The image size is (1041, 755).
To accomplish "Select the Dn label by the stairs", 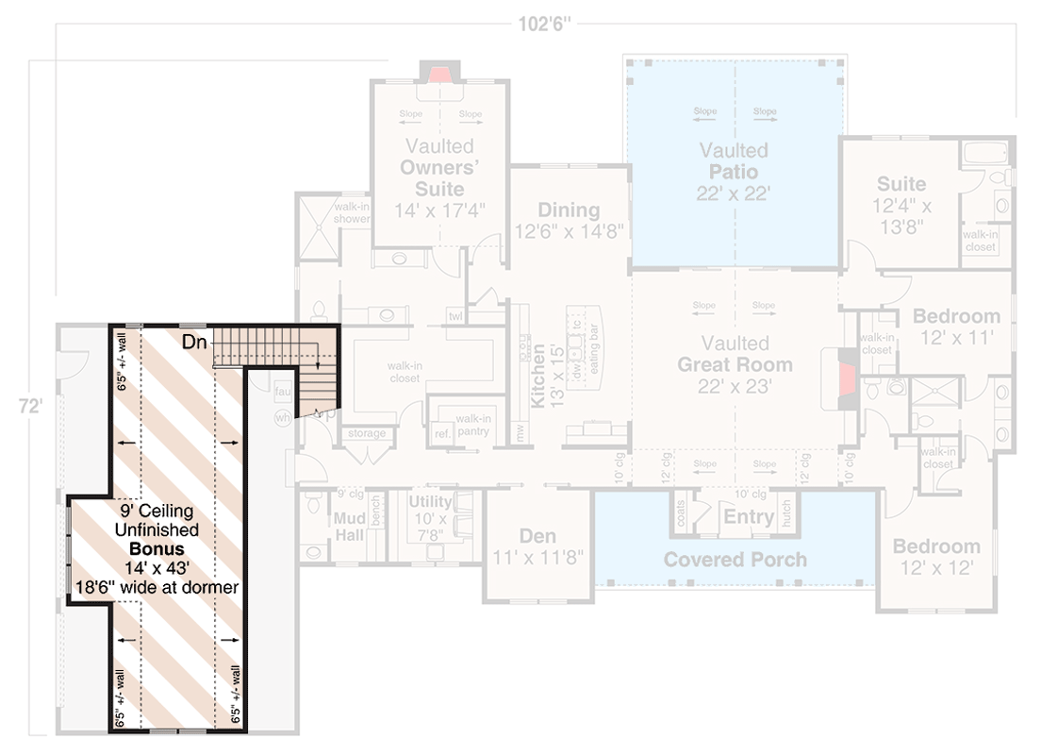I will coord(194,342).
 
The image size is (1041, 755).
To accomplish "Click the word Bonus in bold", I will coord(157,548).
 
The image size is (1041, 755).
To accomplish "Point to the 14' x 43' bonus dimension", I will coord(157,567).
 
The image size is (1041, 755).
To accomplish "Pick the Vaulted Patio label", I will coord(734,172).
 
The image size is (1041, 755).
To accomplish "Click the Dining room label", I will coord(569,210).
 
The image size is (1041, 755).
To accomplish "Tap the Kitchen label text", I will coord(537,375).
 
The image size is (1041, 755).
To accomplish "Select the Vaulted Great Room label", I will coord(735,364).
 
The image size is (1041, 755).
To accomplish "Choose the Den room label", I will coord(537,537).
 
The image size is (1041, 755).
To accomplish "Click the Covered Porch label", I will coord(735,560).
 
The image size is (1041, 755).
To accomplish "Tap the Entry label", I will coord(748,516).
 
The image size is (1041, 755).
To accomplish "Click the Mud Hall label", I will coord(349,528).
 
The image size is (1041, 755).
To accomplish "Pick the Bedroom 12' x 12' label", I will coord(935,557).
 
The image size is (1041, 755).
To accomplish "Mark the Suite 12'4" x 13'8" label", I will coord(901,204).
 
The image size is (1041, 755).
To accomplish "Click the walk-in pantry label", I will coord(469,425).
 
